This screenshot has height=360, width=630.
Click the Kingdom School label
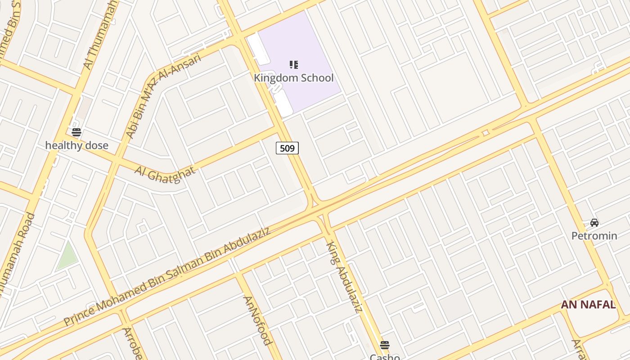293,78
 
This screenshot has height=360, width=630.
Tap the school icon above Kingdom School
294,65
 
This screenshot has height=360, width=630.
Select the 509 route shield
287,148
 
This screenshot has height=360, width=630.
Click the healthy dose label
77,145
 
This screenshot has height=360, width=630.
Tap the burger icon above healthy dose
76,132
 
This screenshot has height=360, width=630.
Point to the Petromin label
594,235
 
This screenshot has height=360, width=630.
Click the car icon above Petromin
594,222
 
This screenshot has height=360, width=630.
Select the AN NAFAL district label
588,305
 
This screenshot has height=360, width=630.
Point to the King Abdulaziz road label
344,276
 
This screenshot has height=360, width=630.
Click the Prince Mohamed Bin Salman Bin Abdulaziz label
166,276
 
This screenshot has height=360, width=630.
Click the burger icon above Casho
384,345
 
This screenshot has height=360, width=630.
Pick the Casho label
385,357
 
